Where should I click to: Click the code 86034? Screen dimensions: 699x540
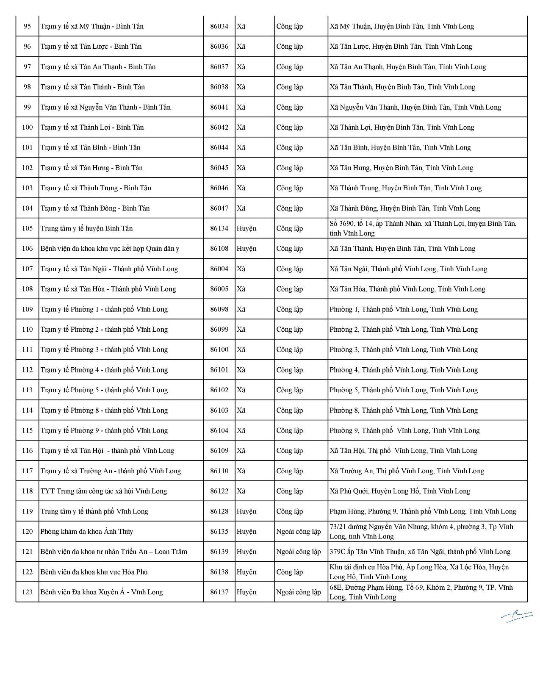(219, 26)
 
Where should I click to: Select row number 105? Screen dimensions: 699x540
(27, 228)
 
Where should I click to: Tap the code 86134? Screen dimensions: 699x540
(219, 228)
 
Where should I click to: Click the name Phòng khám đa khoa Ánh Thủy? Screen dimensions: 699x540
(86, 531)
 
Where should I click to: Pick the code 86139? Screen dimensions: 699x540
(219, 552)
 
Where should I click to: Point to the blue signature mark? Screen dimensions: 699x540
(517, 616)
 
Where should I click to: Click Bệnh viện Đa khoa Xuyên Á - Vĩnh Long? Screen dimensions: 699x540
(102, 592)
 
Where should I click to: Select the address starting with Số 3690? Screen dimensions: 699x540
(423, 228)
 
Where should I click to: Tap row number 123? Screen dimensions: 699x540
(27, 592)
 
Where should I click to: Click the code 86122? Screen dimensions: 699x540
(219, 491)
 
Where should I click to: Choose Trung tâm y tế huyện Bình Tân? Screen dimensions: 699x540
(86, 228)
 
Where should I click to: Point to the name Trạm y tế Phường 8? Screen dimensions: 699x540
(104, 410)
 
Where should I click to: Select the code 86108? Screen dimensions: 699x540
(219, 249)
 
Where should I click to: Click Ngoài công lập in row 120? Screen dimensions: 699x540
(298, 531)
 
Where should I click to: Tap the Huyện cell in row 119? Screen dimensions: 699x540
(246, 511)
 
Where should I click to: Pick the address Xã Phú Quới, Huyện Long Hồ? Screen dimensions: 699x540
(399, 491)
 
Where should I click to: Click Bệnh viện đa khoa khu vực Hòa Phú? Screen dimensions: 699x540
(94, 572)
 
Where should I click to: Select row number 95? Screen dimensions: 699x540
(27, 26)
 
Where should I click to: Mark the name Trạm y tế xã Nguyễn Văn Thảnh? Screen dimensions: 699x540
(105, 107)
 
